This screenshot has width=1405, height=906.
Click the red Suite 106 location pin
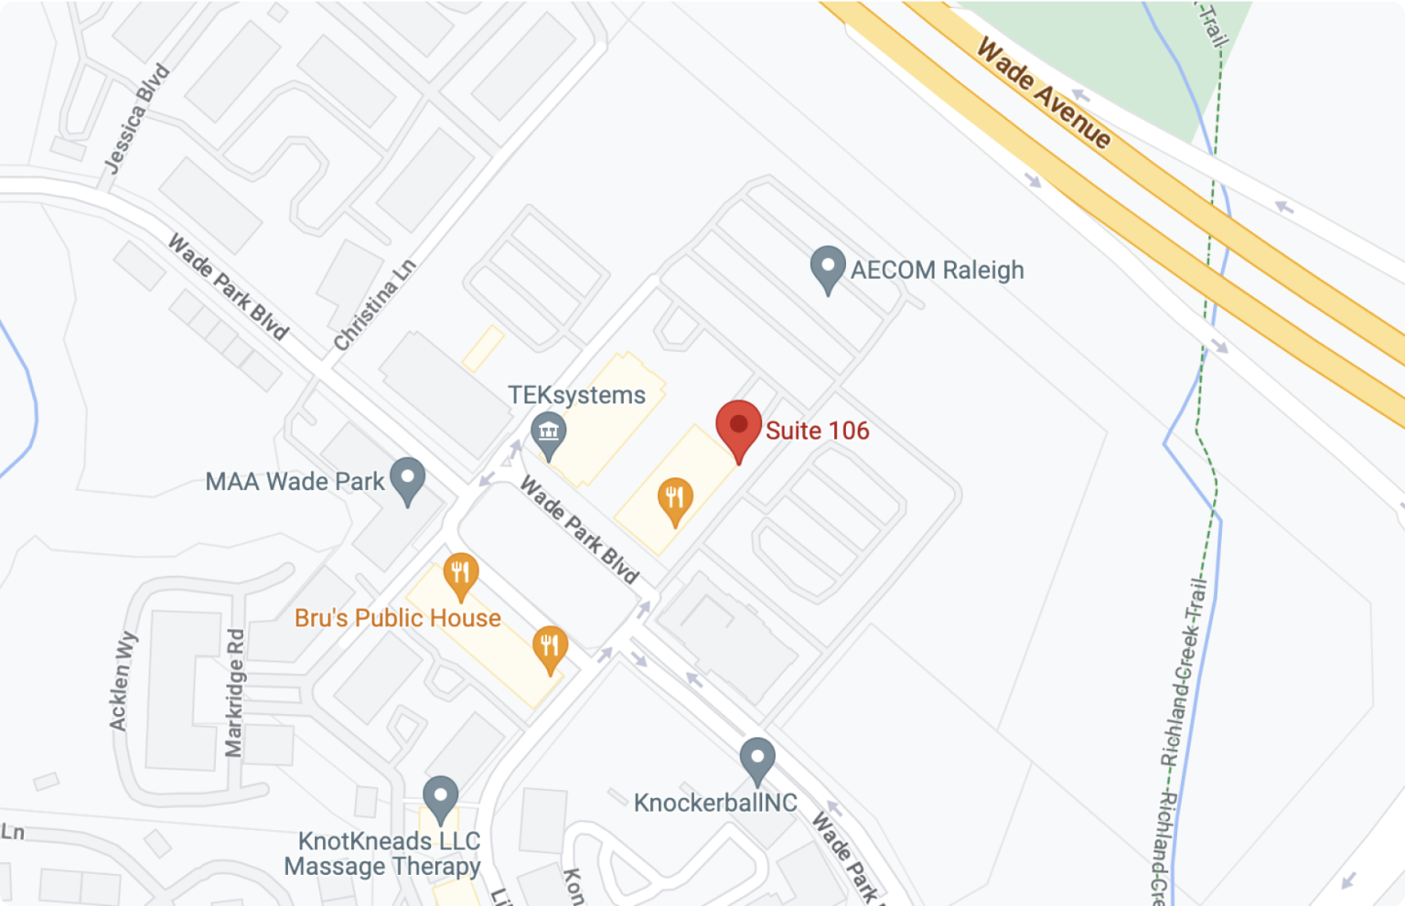pyautogui.click(x=738, y=428)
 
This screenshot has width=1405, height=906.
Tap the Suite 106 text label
pyautogui.click(x=817, y=431)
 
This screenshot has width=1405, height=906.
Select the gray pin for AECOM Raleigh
pyautogui.click(x=828, y=269)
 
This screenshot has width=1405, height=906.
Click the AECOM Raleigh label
pyautogui.click(x=937, y=271)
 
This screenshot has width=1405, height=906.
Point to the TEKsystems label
pyautogui.click(x=576, y=395)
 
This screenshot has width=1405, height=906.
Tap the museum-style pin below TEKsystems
pyautogui.click(x=549, y=433)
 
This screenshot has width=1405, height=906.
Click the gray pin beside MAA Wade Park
pyautogui.click(x=408, y=479)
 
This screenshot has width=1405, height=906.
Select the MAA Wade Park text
pyautogui.click(x=295, y=481)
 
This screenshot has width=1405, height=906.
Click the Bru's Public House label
pyautogui.click(x=397, y=618)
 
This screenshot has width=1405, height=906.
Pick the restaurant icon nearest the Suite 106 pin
pyautogui.click(x=675, y=499)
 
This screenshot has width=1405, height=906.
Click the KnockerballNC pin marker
pyautogui.click(x=757, y=760)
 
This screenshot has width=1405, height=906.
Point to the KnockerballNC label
pyautogui.click(x=715, y=803)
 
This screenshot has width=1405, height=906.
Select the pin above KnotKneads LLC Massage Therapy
pyautogui.click(x=440, y=798)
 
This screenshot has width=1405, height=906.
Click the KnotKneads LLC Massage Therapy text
pyautogui.click(x=382, y=854)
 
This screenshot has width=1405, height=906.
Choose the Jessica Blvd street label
pyautogui.click(x=137, y=118)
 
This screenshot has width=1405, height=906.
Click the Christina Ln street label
pyautogui.click(x=374, y=305)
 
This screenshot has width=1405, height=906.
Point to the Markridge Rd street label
pyautogui.click(x=235, y=693)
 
